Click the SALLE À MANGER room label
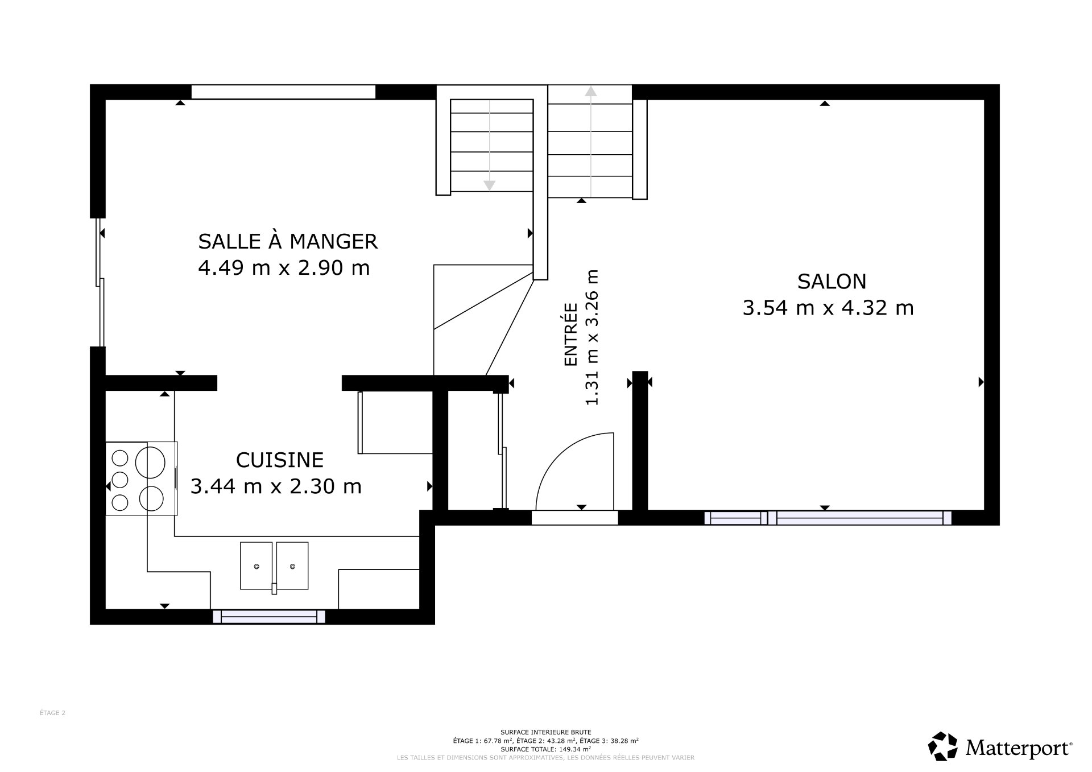(288, 241)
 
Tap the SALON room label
(832, 282)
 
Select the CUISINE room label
(280, 460)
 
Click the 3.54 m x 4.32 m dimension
(828, 308)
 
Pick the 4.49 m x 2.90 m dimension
(284, 267)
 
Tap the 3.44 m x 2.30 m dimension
(276, 486)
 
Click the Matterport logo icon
(942, 746)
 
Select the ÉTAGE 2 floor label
(52, 713)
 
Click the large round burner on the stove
(150, 462)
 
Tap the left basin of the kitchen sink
(257, 565)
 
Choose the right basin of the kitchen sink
(292, 565)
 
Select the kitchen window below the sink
(269, 617)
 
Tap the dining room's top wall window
(283, 92)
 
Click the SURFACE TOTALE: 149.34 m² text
(546, 749)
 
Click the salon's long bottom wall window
(859, 518)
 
